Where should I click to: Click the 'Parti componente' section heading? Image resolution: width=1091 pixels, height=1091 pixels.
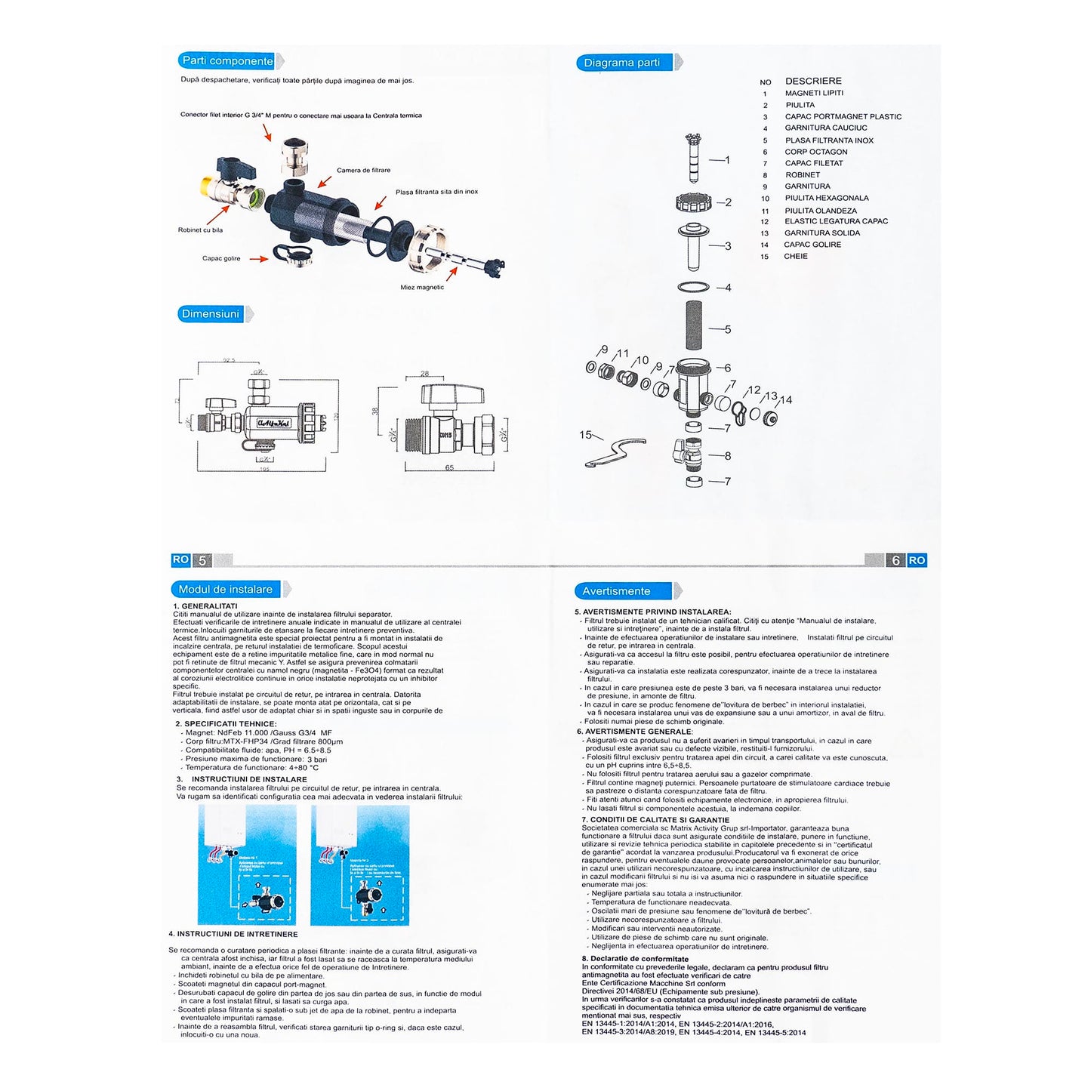point(227,61)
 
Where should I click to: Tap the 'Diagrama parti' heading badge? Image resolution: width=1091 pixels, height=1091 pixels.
point(622,63)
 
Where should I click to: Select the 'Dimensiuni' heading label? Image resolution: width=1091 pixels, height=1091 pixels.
point(211,314)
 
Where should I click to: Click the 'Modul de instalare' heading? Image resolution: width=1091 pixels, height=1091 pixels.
point(226,590)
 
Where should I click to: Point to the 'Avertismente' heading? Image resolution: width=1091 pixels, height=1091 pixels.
point(616,591)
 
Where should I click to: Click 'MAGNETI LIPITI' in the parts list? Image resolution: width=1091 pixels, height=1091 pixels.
point(814,94)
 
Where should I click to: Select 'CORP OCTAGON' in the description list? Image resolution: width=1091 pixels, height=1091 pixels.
point(815,152)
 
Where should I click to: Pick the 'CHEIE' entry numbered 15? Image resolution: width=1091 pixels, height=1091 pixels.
point(796,257)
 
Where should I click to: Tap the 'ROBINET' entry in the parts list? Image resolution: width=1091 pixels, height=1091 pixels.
point(803,175)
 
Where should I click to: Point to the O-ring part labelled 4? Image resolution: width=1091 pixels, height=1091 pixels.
point(693,287)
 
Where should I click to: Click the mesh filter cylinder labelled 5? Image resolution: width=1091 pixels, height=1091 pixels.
point(693,330)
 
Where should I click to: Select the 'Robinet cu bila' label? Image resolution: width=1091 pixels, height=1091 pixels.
point(200,230)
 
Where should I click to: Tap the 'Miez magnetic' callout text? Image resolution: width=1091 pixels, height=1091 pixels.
point(422,288)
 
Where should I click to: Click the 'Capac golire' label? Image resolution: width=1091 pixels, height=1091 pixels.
point(221,259)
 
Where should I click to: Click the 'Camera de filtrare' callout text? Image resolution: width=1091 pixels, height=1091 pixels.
point(363,171)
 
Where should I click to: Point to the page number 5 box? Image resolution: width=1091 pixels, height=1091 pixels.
point(202,560)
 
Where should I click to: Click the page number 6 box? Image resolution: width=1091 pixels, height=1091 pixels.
point(896,560)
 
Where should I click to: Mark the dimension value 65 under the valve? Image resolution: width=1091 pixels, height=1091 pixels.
point(449,468)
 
